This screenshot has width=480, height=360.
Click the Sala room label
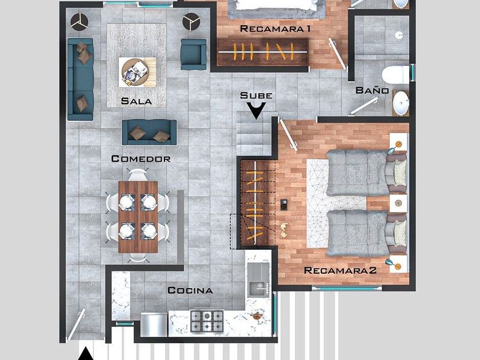click(136, 101)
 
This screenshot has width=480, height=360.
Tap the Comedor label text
click(141, 159)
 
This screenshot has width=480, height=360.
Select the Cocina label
click(190, 290)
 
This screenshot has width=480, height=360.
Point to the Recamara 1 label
click(275, 29)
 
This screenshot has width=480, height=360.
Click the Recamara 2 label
click(340, 271)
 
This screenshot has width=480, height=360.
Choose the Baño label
click(372, 90)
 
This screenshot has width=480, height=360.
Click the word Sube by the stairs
click(256, 95)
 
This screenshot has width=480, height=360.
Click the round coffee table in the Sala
click(134, 72)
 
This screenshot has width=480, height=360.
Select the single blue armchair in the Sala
click(194, 54)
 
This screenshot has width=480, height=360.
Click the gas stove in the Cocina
click(207, 321)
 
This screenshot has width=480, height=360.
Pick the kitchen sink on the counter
click(258, 280)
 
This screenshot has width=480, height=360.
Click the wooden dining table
click(138, 217)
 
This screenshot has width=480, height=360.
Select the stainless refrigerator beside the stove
click(154, 325)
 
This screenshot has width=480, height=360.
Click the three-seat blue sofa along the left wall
click(80, 79)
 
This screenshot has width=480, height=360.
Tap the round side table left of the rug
click(79, 22)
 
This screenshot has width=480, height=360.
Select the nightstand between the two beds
click(398, 203)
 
